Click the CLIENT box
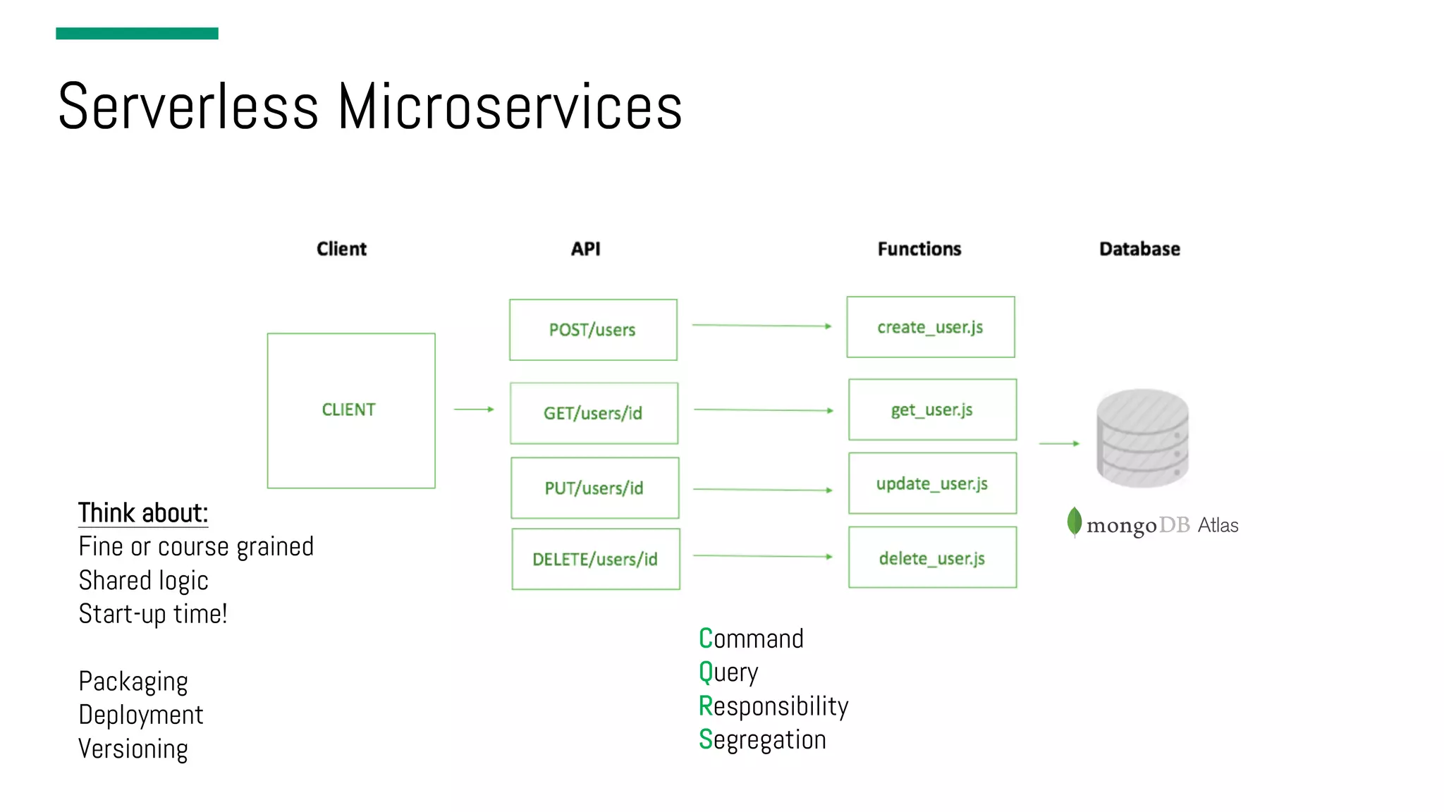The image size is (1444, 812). coord(350,410)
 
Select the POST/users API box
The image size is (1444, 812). coord(593,330)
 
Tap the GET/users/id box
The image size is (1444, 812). coord(594,413)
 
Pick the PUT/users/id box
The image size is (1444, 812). coord(594,488)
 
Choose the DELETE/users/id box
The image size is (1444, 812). coord(595,559)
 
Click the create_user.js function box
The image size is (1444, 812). coord(930,327)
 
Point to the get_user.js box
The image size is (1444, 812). coord(932,410)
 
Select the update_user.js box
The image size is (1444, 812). coord(932,484)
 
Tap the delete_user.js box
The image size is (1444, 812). coord(932,558)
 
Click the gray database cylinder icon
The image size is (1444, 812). coord(1142,438)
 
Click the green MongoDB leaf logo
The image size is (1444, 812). coord(1074,522)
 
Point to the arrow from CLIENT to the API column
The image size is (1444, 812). coord(474,409)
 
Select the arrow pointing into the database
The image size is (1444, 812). coord(1059,443)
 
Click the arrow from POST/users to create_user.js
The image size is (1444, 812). coord(761,326)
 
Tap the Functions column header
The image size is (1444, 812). coord(919,249)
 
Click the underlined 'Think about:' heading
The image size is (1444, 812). coord(143,513)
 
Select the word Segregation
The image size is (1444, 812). coord(762,739)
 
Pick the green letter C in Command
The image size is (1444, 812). coord(706,639)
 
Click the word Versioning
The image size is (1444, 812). coord(133,749)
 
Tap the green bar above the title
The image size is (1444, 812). coord(137,33)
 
